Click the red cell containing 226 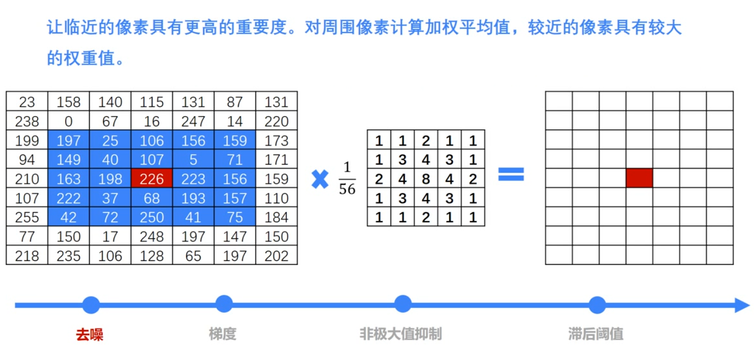coord(152,179)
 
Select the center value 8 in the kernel coord(425,179)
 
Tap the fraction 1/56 coord(347,179)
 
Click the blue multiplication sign coord(320,179)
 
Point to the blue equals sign coord(511,174)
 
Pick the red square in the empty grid coord(639,178)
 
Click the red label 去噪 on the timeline coord(90,334)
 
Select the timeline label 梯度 coord(223,334)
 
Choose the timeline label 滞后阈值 coord(596,334)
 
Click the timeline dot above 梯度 coord(224,304)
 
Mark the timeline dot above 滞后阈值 coord(597,305)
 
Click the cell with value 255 coord(27,217)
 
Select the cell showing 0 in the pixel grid coord(68,121)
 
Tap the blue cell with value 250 coord(152,217)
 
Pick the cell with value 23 coord(27,102)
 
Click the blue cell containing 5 coord(193,160)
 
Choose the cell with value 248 coord(152,237)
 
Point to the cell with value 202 coord(276,256)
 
